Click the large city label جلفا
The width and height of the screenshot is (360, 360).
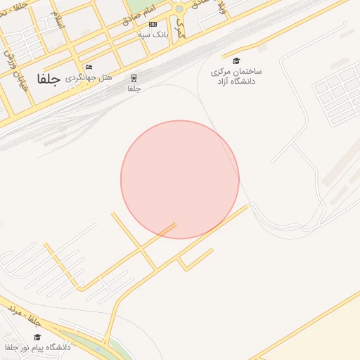click(49, 79)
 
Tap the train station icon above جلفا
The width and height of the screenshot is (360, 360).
click(134, 78)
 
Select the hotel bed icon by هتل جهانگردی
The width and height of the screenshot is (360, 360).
click(89, 67)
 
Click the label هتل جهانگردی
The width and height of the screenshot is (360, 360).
click(89, 77)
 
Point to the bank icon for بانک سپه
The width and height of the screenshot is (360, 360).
click(153, 25)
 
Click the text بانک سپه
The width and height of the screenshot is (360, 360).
click(153, 34)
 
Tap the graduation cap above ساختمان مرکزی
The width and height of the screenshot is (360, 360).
click(236, 61)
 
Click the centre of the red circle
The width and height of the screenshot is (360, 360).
click(180, 179)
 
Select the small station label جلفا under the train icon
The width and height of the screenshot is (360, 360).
click(134, 89)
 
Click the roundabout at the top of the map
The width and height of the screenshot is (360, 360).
click(179, 9)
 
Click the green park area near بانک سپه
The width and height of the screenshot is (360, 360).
click(141, 7)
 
